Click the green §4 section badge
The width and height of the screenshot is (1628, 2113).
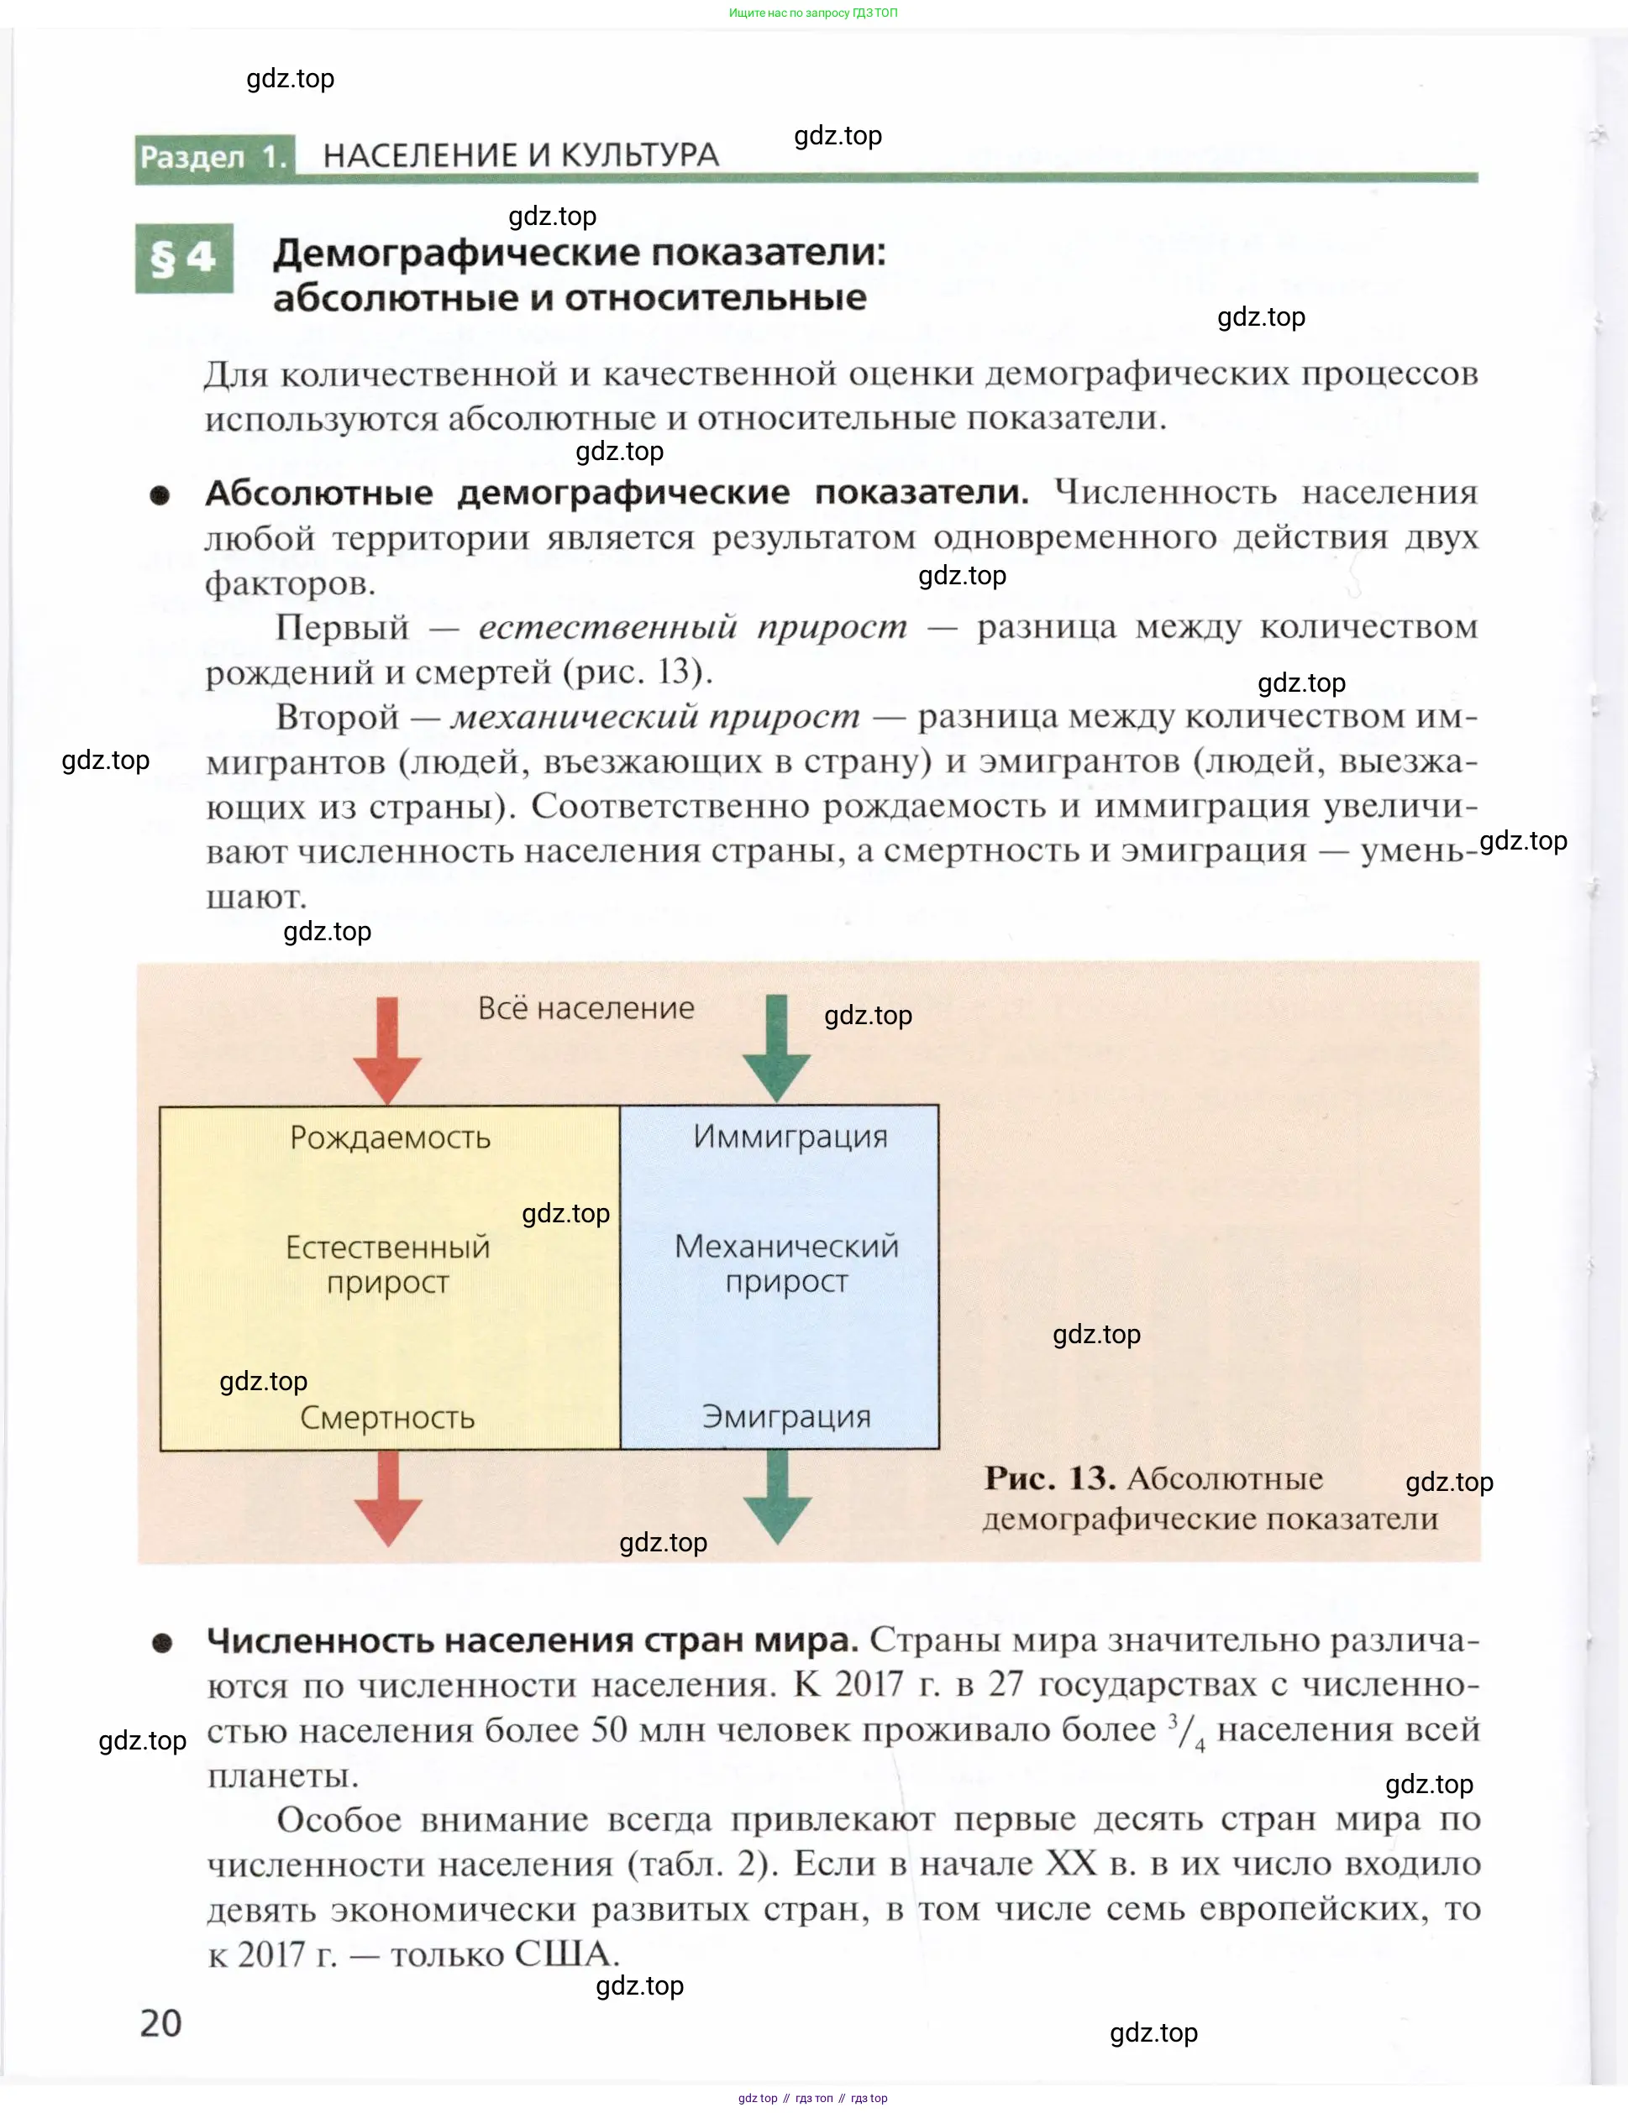click(184, 259)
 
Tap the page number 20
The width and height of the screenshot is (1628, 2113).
click(160, 2023)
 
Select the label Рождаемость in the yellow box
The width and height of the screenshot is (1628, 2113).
click(390, 1138)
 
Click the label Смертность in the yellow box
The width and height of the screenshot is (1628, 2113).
click(387, 1417)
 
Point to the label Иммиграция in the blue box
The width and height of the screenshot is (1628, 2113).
click(790, 1136)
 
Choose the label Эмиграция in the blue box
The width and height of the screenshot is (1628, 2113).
click(786, 1416)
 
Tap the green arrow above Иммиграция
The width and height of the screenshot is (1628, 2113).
click(776, 1048)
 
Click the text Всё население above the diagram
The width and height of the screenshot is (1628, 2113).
click(586, 1008)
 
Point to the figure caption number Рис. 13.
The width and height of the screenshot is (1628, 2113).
click(1049, 1478)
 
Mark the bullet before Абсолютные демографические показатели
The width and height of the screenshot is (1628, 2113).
click(160, 495)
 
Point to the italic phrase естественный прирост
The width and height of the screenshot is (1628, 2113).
click(693, 627)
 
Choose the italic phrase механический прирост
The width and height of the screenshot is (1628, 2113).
click(655, 717)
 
